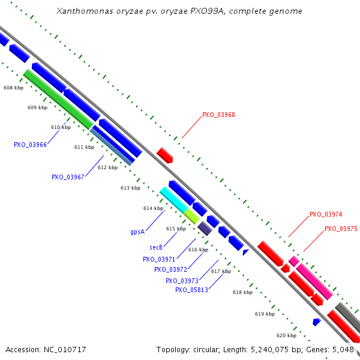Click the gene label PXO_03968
point(218,115)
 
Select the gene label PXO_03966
point(31,145)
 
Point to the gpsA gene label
point(137,231)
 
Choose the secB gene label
point(157,247)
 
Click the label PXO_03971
point(159,259)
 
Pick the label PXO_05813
point(191,290)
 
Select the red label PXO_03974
point(326,214)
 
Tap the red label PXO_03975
point(341,229)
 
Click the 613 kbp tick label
point(130,188)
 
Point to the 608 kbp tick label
point(13,88)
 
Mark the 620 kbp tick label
point(286,335)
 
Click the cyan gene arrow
point(174,200)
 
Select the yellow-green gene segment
point(192,216)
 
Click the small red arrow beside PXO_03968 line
point(165,155)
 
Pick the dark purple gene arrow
point(205,228)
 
